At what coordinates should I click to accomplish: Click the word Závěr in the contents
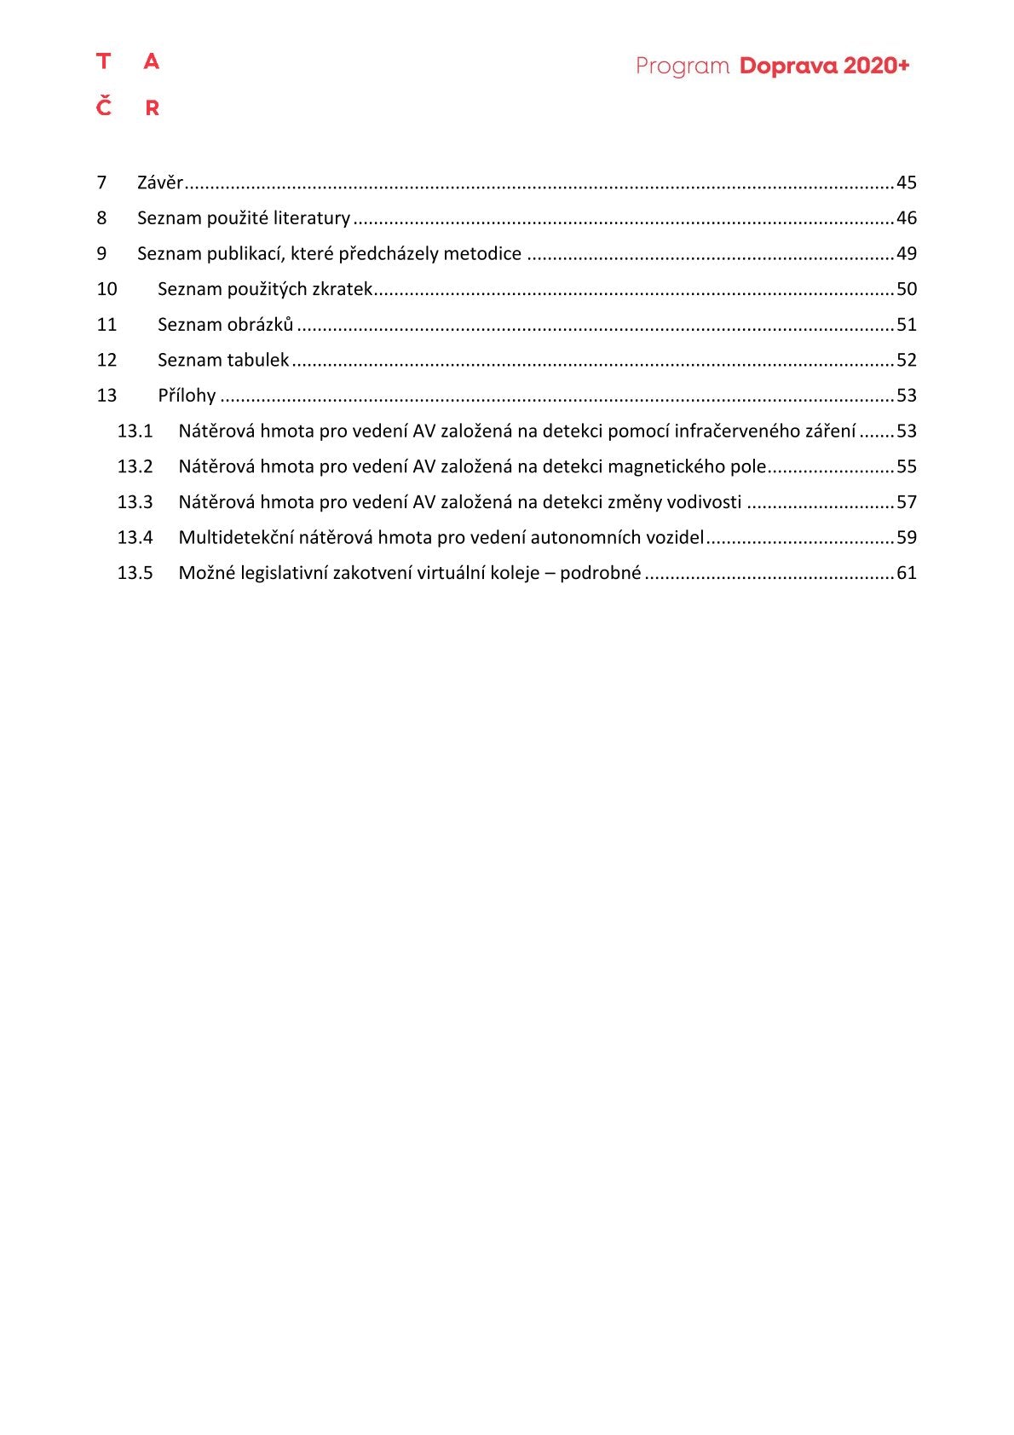(160, 182)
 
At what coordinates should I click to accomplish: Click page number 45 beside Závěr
(907, 182)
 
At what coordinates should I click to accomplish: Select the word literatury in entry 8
(311, 218)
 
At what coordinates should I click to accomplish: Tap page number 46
(907, 218)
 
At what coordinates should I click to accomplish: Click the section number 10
(107, 289)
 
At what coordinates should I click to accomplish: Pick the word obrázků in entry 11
(260, 325)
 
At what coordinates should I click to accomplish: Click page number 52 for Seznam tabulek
(907, 360)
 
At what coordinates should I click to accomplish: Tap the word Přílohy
(187, 396)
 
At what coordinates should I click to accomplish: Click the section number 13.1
(135, 431)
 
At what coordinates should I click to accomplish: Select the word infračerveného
(735, 431)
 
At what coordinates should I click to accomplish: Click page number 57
(907, 502)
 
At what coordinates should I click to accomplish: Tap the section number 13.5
(135, 573)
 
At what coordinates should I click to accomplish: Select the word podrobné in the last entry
(600, 573)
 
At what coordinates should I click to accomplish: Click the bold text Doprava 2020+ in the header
(824, 66)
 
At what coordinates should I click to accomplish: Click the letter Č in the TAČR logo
(104, 107)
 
